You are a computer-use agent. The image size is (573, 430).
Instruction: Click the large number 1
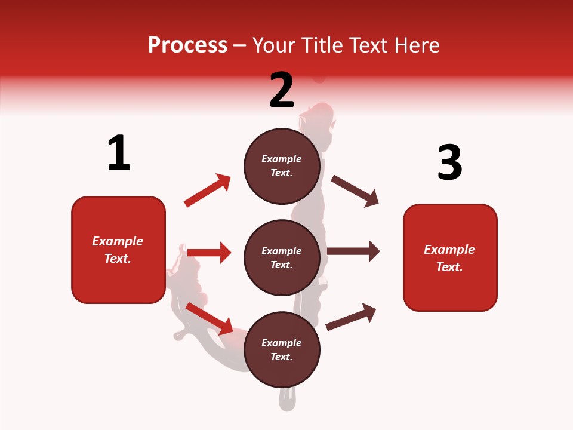118,153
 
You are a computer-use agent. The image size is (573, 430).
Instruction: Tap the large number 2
282,90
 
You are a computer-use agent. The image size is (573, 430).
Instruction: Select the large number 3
449,162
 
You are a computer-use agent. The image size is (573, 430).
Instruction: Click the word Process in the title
187,45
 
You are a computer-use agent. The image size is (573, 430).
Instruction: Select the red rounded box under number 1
118,250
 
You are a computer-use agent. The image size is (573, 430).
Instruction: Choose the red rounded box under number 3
450,257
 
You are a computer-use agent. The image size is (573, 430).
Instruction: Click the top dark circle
282,166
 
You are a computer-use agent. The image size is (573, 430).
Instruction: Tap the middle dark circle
282,257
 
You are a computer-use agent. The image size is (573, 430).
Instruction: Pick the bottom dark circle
282,349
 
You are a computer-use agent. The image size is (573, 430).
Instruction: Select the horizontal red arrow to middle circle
209,253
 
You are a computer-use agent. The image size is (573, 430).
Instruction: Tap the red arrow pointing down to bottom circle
210,318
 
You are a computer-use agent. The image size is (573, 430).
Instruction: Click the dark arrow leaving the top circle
355,191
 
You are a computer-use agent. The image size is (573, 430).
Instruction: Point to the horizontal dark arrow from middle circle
353,251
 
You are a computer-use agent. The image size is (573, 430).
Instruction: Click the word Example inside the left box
118,241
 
